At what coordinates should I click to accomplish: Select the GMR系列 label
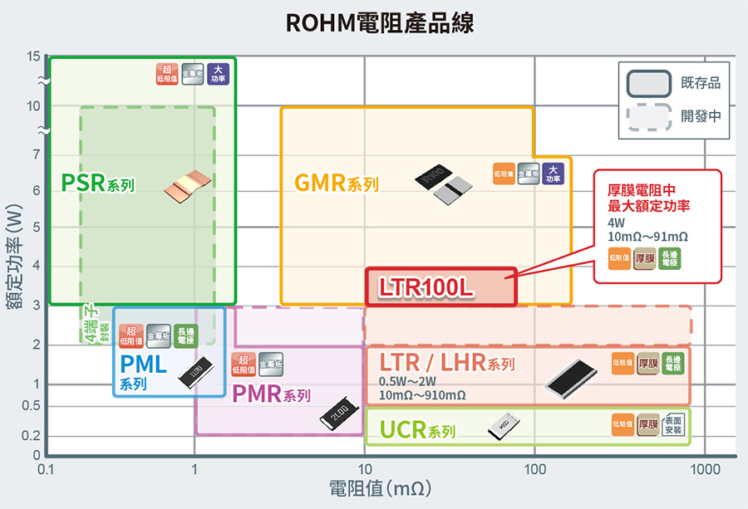pyautogui.click(x=336, y=183)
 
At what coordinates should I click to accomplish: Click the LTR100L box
pyautogui.click(x=441, y=287)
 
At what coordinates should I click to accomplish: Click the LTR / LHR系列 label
pyautogui.click(x=447, y=364)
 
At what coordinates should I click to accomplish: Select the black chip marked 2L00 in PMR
pyautogui.click(x=338, y=416)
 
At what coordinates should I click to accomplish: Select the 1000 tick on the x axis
pyautogui.click(x=705, y=470)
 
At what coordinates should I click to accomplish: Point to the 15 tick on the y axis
pyautogui.click(x=33, y=56)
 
